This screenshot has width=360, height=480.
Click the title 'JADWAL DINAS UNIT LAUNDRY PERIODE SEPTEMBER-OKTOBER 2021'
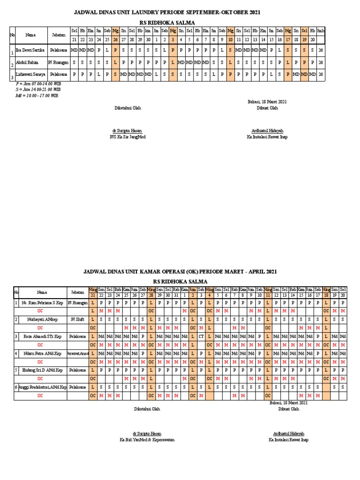(x=167, y=12)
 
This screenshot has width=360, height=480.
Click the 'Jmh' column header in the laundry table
(x=320, y=30)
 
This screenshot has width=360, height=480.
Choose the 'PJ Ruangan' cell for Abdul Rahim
(x=58, y=62)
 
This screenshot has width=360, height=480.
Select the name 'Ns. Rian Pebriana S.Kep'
(x=43, y=303)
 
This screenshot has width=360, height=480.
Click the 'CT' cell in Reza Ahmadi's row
(x=201, y=337)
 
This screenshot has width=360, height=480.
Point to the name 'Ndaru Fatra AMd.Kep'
(x=42, y=353)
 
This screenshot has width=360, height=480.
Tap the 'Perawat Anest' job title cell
(x=78, y=353)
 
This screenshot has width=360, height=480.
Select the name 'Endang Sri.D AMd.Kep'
(x=42, y=370)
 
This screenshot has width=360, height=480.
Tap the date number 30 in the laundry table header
(x=148, y=40)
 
